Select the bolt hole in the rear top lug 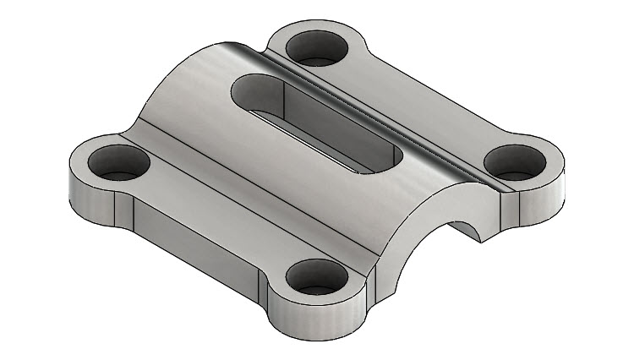pyautogui.click(x=316, y=48)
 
